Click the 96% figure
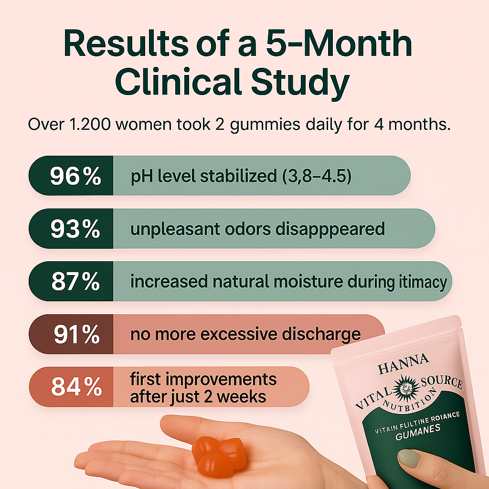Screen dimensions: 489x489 tap(75, 176)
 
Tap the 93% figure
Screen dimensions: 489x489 tap(75, 229)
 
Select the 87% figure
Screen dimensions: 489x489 tap(75, 282)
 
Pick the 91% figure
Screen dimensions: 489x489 tap(76, 335)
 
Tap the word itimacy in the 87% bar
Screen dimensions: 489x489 tap(420, 282)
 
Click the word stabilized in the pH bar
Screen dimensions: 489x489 tap(234, 176)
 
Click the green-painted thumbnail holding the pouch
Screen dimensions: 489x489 tap(409, 458)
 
